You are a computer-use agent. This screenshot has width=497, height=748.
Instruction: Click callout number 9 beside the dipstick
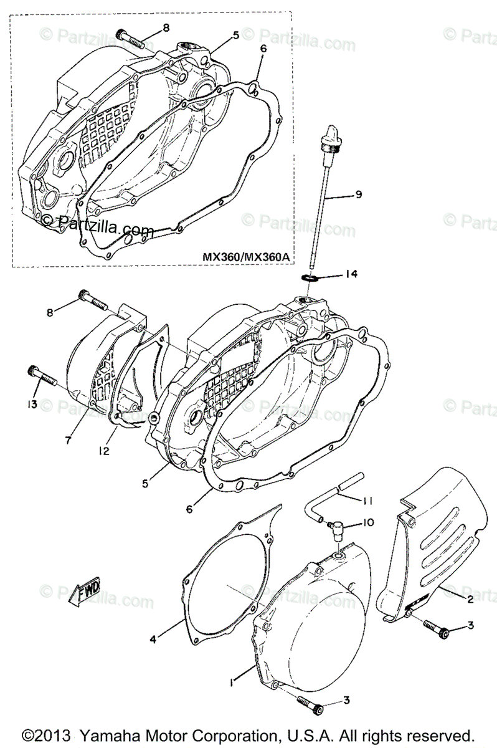pos(358,194)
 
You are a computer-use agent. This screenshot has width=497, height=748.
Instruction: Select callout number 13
pos(31,405)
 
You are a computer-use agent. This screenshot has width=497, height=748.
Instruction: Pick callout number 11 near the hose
pos(368,499)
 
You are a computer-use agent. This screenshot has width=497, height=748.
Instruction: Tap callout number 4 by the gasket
pos(153,638)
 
